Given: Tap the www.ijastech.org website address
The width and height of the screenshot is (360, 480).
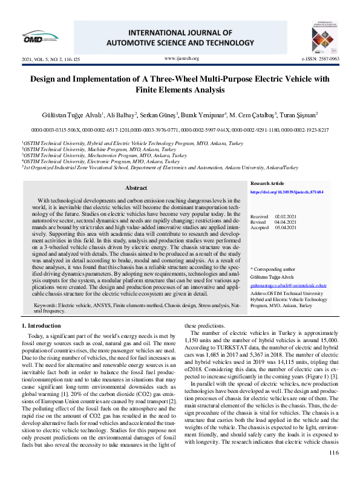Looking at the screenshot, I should (x=182, y=59).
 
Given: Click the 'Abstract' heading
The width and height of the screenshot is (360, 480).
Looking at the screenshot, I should (x=136, y=188).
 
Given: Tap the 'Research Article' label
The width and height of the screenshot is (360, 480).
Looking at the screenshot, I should (x=267, y=183).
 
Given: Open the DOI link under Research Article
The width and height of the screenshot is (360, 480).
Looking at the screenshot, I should (x=286, y=192).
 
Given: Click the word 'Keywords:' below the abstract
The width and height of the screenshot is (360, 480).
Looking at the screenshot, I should (x=46, y=306).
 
